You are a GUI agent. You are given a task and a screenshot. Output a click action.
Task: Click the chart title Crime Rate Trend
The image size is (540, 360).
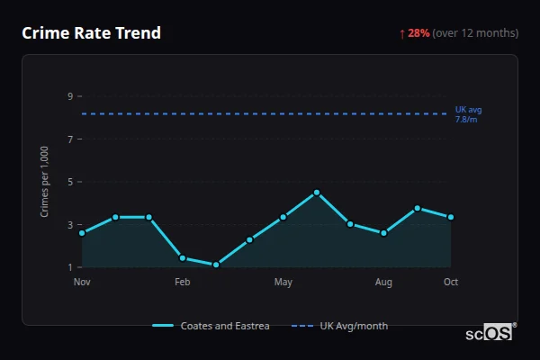coord(91,33)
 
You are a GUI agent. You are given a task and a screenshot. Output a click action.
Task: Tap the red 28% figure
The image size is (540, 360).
coord(418,33)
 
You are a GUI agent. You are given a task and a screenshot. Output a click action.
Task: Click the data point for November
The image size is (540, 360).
coord(82,233)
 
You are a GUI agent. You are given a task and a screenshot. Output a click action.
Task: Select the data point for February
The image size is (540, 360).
coord(183,258)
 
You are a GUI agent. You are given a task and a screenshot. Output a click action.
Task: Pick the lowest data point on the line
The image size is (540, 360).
coord(216,265)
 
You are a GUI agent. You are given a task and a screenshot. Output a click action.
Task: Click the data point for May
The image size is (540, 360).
coord(283,217)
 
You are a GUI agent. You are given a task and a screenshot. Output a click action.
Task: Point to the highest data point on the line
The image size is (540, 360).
coord(317,193)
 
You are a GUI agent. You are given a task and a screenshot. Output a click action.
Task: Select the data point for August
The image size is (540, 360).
coord(384,233)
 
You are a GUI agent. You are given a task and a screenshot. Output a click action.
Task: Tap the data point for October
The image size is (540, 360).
coord(451,217)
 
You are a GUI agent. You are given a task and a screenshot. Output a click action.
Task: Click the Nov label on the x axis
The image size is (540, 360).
coord(82,283)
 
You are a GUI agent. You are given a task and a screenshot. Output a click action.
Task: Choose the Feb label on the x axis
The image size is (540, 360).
coord(183,283)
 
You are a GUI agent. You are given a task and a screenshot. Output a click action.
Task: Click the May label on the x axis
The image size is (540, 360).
coord(283,283)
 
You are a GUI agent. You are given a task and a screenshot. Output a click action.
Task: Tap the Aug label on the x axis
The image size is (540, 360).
coord(384,283)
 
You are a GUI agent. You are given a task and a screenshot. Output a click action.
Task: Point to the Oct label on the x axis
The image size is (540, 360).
coord(451,283)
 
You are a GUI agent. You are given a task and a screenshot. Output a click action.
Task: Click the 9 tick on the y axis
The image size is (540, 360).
coord(69,96)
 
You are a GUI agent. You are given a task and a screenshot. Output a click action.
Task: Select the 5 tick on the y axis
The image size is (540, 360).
coord(69,182)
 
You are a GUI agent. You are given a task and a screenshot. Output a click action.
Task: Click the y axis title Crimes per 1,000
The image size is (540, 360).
coord(45,182)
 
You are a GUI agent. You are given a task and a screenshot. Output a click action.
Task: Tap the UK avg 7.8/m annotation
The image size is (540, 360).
coord(468,114)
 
